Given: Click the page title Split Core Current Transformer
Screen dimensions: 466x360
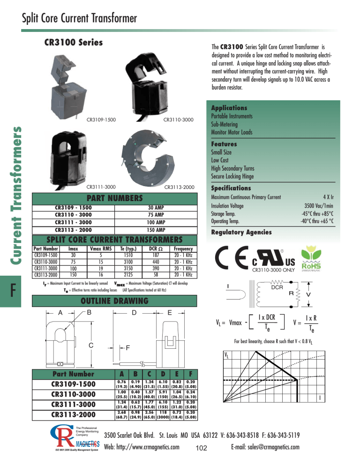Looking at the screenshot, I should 79,18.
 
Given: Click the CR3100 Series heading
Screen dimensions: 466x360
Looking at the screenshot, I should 73,43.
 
